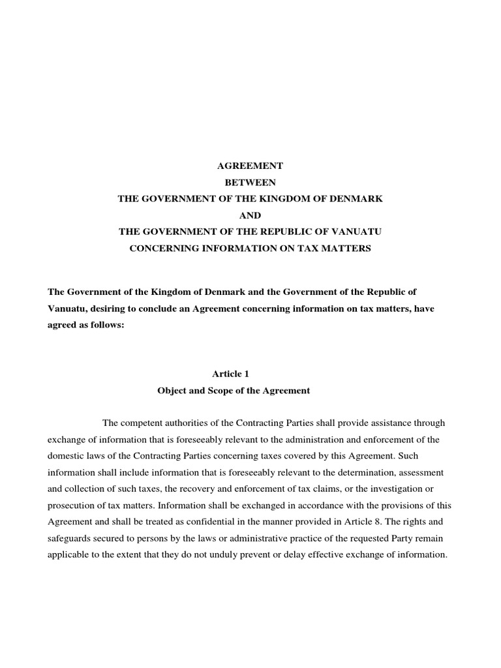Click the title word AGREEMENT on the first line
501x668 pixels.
coord(250,166)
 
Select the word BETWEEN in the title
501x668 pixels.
coord(250,183)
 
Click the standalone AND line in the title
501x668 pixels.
coord(250,215)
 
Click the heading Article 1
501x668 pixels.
coord(231,374)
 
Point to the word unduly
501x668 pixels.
coord(254,555)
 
